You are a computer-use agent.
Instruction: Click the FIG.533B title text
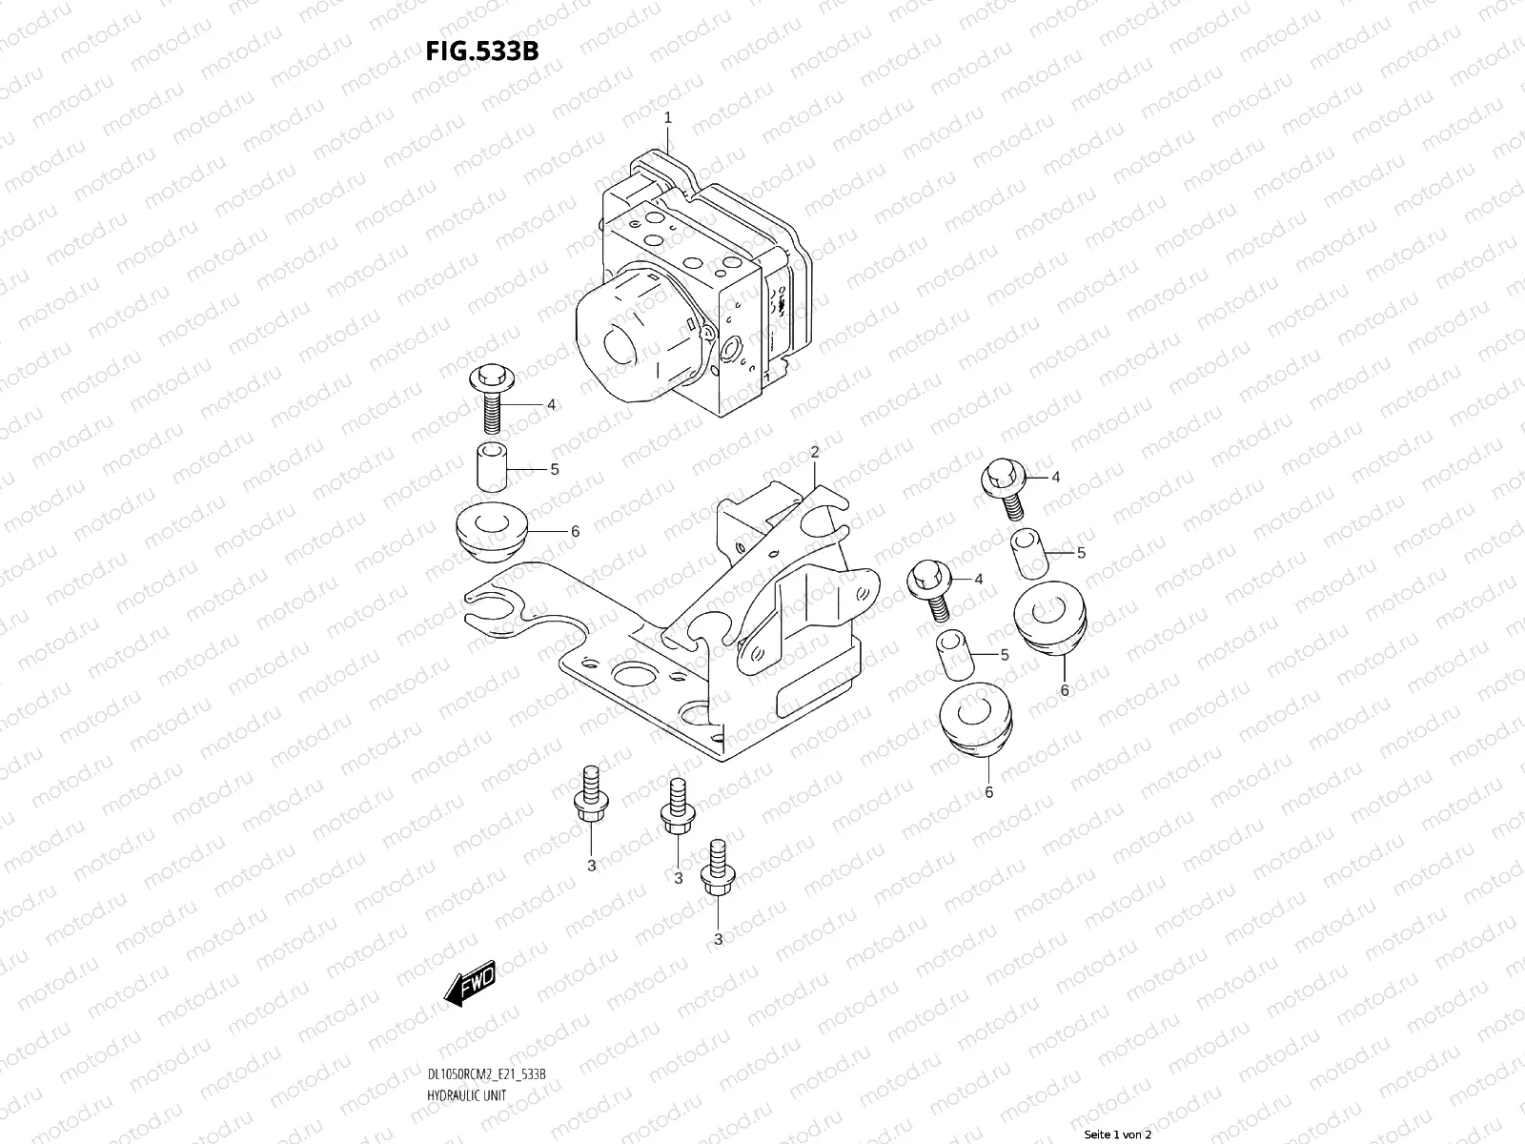[x=481, y=51]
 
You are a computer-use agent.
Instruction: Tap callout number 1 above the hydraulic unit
[x=668, y=118]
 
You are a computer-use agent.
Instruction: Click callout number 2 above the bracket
[x=815, y=452]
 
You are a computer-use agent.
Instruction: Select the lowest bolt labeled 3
[x=716, y=868]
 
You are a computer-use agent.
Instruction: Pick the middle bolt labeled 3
[x=676, y=807]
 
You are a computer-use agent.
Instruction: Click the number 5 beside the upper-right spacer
[x=1081, y=553]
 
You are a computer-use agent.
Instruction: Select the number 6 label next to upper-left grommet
[x=574, y=532]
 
